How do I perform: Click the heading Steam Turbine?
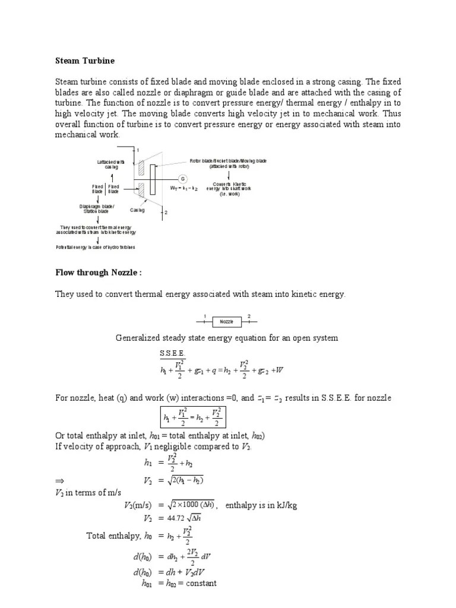coord(85,61)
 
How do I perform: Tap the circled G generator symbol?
coord(183,178)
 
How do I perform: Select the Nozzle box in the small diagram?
coord(227,321)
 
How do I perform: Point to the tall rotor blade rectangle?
coord(153,179)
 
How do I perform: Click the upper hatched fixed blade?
coord(141,167)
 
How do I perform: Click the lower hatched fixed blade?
coord(141,190)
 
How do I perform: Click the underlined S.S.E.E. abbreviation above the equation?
coord(173,354)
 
